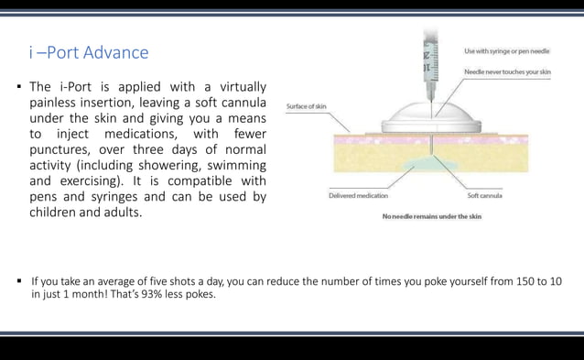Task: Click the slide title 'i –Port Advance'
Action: click(89, 52)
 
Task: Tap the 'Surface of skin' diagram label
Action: click(307, 106)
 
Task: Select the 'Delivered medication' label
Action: click(358, 195)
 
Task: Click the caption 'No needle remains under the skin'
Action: click(431, 216)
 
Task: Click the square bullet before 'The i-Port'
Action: click(18, 87)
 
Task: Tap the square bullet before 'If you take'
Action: click(18, 281)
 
